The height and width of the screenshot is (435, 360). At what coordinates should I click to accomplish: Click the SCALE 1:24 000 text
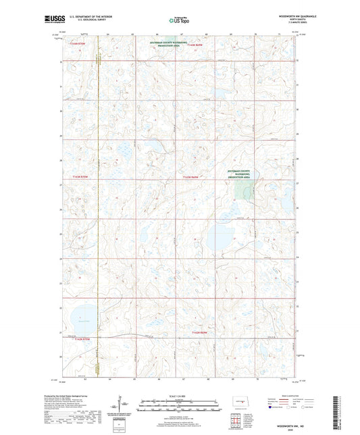pos(180,395)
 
